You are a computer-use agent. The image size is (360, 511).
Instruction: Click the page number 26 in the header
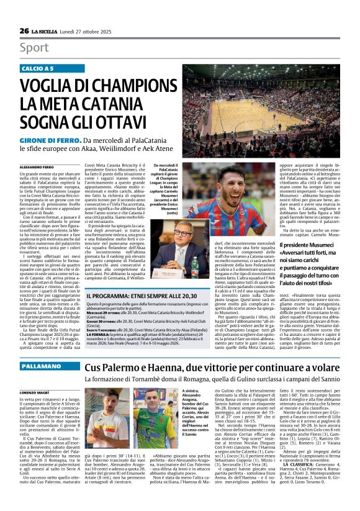[x=24, y=31]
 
